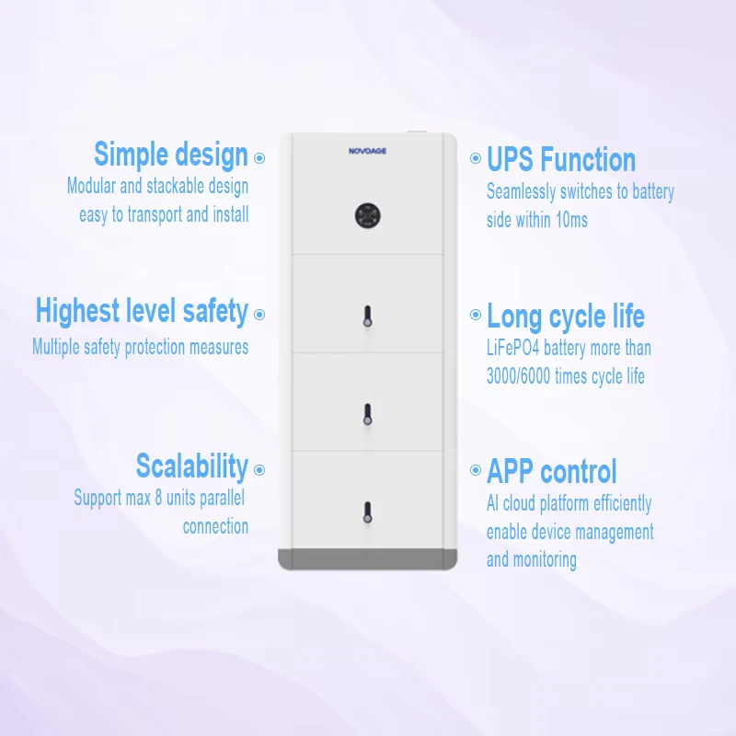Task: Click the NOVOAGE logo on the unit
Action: click(367, 151)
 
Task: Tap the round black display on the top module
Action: click(367, 216)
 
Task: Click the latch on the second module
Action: click(367, 316)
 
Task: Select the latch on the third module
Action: click(367, 415)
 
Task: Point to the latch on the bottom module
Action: click(367, 512)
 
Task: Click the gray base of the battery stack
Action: click(367, 559)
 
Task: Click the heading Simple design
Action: click(171, 155)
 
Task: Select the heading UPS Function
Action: click(561, 159)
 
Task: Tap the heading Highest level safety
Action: click(142, 311)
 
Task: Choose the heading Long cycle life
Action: click(566, 316)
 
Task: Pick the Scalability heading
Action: click(192, 466)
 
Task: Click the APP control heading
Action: click(551, 471)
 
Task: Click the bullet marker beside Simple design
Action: click(259, 158)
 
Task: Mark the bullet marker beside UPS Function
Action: click(476, 158)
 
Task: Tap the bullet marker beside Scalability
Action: click(259, 470)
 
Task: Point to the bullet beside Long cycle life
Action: click(476, 315)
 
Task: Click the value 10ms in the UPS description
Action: click(571, 220)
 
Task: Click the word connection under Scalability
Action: click(215, 526)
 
